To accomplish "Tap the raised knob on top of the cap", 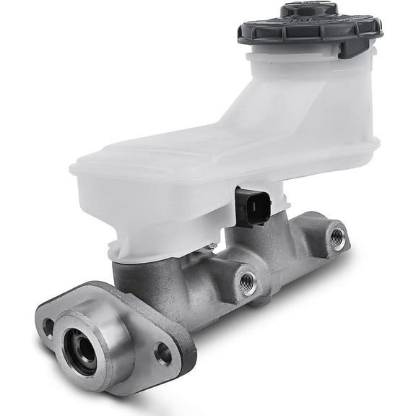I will click(308, 10).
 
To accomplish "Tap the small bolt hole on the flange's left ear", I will click(48, 326).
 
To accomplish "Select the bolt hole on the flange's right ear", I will click(164, 353).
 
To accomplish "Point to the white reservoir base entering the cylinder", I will click(144, 249).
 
